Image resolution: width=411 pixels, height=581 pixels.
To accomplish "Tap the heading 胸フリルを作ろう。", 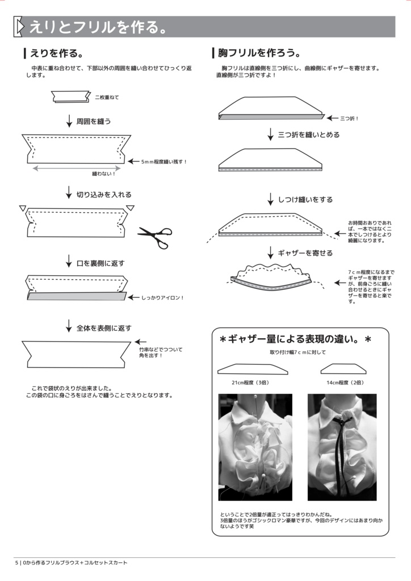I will pyautogui.click(x=256, y=53).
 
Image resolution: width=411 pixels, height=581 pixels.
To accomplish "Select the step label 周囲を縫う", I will pyautogui.click(x=94, y=121).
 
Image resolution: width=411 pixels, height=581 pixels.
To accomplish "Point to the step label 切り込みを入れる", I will pyautogui.click(x=104, y=195).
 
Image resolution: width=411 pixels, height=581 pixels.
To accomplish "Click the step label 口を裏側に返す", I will pyautogui.click(x=100, y=263).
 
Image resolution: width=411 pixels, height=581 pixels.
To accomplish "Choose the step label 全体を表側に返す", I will pyautogui.click(x=104, y=328).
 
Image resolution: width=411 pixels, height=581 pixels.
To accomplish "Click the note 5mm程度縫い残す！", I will pyautogui.click(x=164, y=162).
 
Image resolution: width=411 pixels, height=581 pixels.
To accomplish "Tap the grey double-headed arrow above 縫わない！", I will pyautogui.click(x=77, y=168).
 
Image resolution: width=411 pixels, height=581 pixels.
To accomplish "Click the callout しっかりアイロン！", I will pyautogui.click(x=162, y=297).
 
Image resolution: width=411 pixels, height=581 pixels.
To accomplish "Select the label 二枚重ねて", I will pyautogui.click(x=107, y=98).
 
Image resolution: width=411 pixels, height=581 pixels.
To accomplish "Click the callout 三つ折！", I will pyautogui.click(x=349, y=119).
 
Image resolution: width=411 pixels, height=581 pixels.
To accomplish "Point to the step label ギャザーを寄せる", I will pyautogui.click(x=305, y=253).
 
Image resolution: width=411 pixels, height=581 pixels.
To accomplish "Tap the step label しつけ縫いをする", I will pyautogui.click(x=305, y=200).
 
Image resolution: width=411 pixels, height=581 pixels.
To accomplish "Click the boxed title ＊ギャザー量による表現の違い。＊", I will pyautogui.click(x=295, y=339).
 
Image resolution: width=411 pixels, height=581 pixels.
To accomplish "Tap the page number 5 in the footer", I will pyautogui.click(x=16, y=563).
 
